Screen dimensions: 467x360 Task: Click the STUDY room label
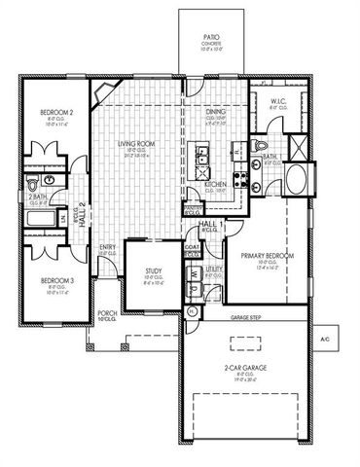pos(153,274)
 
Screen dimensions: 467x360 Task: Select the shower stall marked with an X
pos(299,148)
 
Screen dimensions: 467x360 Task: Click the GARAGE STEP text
pos(245,316)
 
